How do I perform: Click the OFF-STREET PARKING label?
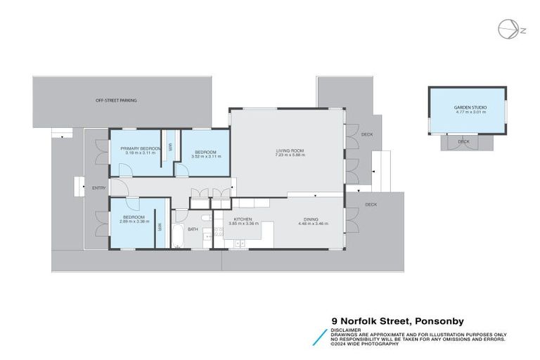(x=117, y=101)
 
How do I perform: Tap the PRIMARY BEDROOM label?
(x=141, y=148)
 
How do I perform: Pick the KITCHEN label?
(x=243, y=219)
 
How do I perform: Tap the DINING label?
(x=311, y=219)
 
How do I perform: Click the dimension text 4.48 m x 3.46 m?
(x=311, y=224)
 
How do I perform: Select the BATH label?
(x=193, y=229)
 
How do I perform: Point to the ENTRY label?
(x=98, y=188)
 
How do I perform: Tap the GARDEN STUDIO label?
(x=467, y=107)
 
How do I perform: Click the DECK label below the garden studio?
(x=463, y=141)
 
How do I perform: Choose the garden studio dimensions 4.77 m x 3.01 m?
(x=467, y=112)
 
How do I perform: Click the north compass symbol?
(x=506, y=30)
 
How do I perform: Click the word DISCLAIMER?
(x=346, y=329)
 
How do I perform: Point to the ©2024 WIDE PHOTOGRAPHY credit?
(x=366, y=344)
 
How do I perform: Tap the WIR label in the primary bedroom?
(x=169, y=147)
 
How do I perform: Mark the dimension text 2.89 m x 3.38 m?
(x=134, y=222)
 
